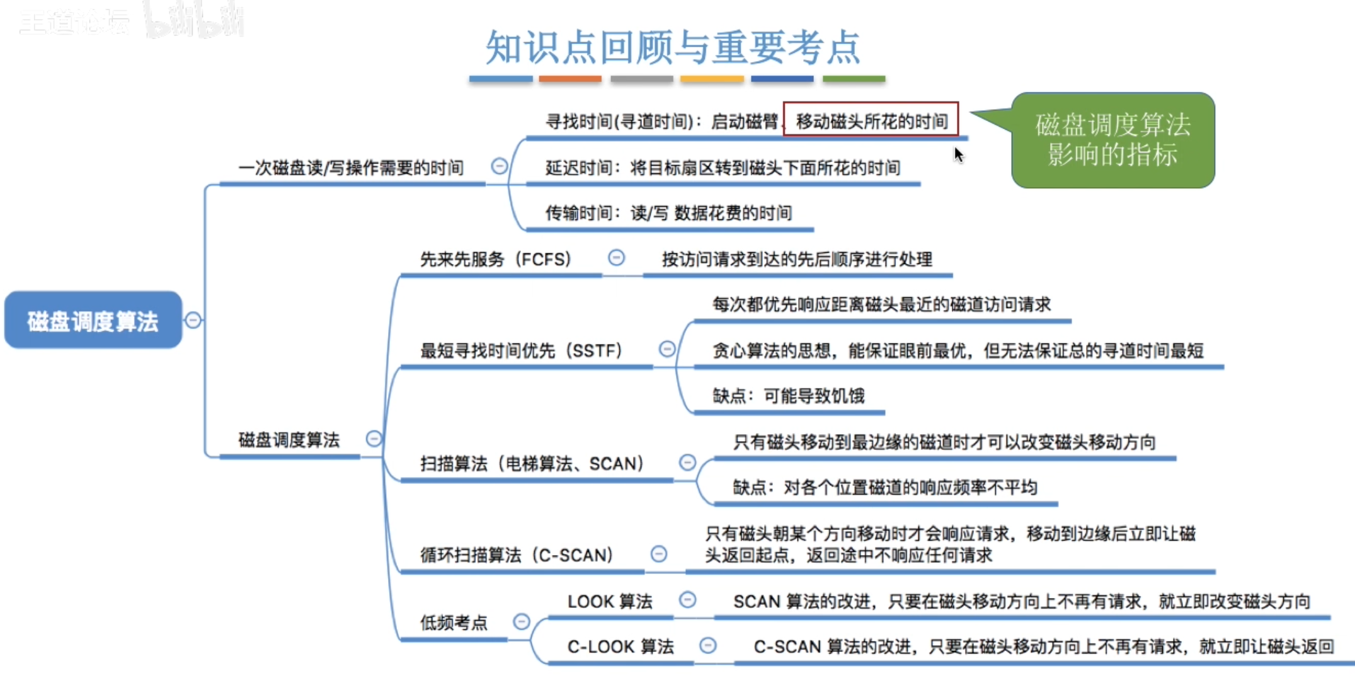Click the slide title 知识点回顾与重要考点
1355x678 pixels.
pyautogui.click(x=673, y=48)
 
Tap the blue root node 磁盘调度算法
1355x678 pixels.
pyautogui.click(x=93, y=321)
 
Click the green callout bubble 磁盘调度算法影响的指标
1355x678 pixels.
pyautogui.click(x=1112, y=140)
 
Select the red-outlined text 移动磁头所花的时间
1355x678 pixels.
pyautogui.click(x=871, y=120)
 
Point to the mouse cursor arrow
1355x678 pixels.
pyautogui.click(x=958, y=154)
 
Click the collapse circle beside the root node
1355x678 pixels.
pyautogui.click(x=193, y=320)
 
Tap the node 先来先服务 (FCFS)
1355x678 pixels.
pyautogui.click(x=495, y=259)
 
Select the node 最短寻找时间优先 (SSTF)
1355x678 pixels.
pyautogui.click(x=521, y=350)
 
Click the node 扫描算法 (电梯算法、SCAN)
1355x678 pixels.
pyautogui.click(x=532, y=464)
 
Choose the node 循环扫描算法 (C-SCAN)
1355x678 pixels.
pyautogui.click(x=517, y=555)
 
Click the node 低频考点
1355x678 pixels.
pyautogui.click(x=454, y=623)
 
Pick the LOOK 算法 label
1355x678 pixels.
pyautogui.click(x=609, y=602)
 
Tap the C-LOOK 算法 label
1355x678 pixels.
pyautogui.click(x=620, y=646)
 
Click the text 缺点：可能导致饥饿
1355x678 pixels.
pyautogui.click(x=788, y=396)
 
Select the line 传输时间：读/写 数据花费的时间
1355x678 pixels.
pyautogui.click(x=668, y=213)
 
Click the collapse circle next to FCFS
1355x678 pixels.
pyautogui.click(x=616, y=258)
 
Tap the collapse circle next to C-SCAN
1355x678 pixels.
pyautogui.click(x=659, y=554)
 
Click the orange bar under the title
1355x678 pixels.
pyautogui.click(x=569, y=79)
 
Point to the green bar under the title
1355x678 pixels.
pyautogui.click(x=854, y=79)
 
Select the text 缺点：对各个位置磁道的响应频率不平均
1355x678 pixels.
pyautogui.click(x=884, y=487)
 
